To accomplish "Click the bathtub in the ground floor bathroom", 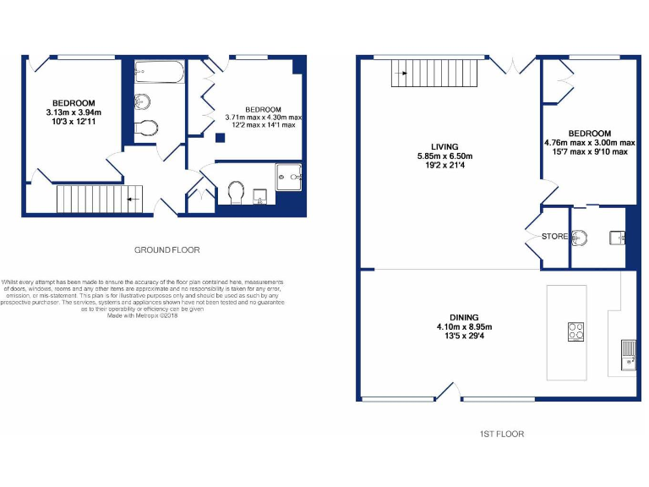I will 159,73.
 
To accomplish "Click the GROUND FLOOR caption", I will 167,249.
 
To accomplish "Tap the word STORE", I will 554,237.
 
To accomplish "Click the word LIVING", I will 444,146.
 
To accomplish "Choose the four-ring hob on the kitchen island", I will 576,331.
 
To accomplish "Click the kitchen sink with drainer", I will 628,353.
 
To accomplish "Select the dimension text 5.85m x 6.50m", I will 444,156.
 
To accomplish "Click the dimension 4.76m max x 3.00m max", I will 589,143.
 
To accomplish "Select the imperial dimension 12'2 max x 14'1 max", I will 264,126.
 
